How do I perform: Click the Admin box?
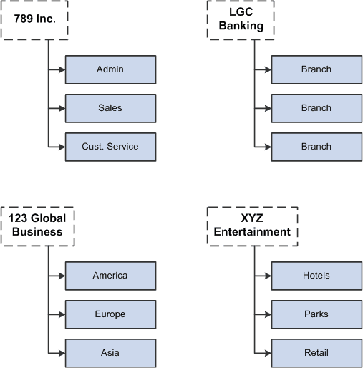pos(110,69)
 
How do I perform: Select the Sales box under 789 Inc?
pos(110,108)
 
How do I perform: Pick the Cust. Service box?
pos(110,147)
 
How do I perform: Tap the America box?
pos(110,276)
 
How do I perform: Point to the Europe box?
pos(110,314)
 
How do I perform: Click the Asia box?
pos(110,353)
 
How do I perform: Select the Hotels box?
pos(316,276)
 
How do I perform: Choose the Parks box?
pos(316,314)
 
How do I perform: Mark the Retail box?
pos(316,353)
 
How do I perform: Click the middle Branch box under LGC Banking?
pos(316,108)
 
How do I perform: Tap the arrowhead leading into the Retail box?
pos(267,353)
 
